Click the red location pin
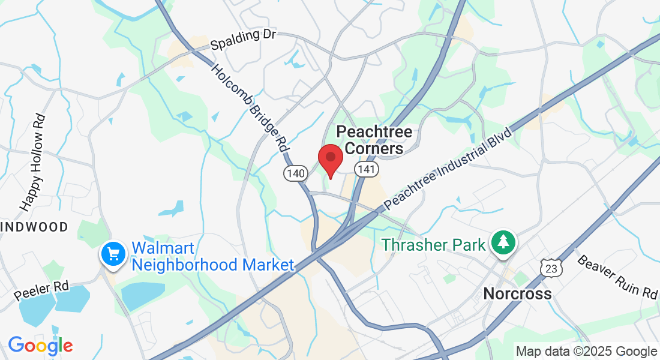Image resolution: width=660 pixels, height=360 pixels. tap(330, 158)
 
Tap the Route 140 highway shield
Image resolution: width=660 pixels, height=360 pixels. tap(296, 173)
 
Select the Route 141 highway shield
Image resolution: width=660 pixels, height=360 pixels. tap(366, 170)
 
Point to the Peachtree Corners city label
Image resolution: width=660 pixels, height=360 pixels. tap(374, 140)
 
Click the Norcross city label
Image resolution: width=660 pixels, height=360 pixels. tap(517, 293)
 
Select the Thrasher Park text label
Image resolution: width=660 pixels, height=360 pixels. tap(431, 245)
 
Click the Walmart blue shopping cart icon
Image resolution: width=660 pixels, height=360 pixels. tap(113, 254)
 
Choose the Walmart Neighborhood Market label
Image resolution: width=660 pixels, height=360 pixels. tap(212, 256)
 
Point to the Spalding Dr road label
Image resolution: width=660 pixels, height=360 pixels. tap(243, 40)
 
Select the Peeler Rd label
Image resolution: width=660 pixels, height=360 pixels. tap(41, 291)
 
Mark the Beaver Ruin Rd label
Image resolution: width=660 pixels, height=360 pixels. tap(617, 277)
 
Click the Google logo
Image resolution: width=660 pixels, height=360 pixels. tap(40, 346)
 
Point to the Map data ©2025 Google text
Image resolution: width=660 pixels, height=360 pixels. tap(586, 352)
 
